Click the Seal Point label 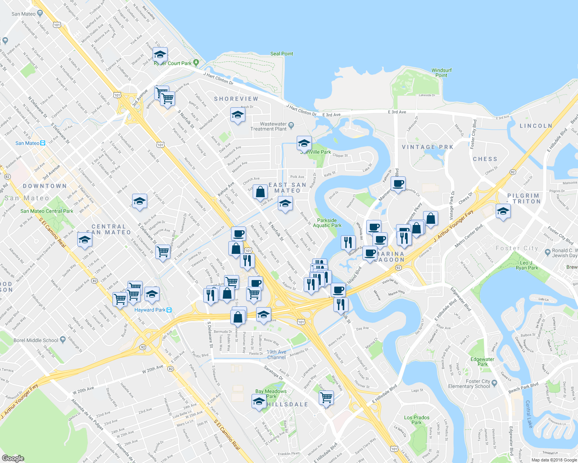tap(282, 54)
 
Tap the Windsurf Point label tap(441, 73)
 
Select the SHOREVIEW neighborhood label tap(236, 99)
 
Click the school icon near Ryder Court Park tap(160, 54)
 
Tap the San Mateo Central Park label tap(47, 211)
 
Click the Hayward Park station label tap(150, 310)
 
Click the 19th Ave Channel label tap(277, 355)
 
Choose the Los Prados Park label tap(416, 420)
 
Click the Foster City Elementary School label tap(469, 384)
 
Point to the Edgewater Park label tap(482, 362)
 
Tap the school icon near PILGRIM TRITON tap(503, 211)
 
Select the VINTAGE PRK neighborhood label tap(427, 147)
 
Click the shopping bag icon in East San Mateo tap(260, 191)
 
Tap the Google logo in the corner tap(13, 458)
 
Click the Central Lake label tap(529, 414)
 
